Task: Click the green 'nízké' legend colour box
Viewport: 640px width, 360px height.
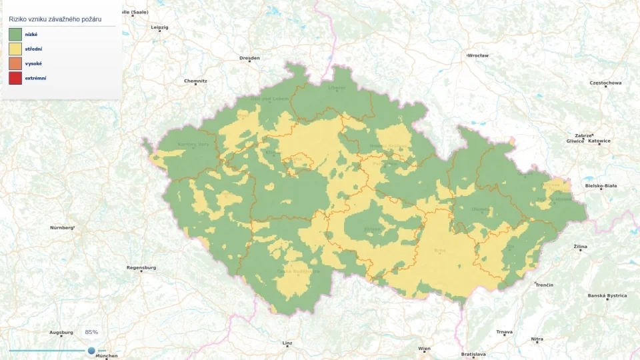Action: [15, 34]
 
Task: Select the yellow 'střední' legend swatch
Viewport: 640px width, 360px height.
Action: [15, 49]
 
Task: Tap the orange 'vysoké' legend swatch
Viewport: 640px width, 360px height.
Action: [15, 63]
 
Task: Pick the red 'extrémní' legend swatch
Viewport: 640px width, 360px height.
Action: [15, 78]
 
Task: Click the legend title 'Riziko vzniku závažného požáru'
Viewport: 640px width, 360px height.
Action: [59, 19]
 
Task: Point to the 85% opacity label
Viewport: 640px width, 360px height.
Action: [91, 332]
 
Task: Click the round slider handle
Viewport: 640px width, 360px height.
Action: [91, 350]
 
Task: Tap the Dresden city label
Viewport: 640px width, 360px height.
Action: [249, 58]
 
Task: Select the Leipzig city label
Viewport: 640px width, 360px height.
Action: [160, 27]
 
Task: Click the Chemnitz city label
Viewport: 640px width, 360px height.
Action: [195, 81]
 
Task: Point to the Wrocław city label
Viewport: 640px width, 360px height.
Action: [478, 55]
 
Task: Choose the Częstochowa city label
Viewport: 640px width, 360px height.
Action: [605, 83]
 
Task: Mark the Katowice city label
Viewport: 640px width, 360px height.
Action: [599, 141]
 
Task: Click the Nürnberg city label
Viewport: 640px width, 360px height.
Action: [62, 227]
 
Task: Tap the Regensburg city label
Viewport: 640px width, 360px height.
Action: [141, 267]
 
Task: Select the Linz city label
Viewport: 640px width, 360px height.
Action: [287, 343]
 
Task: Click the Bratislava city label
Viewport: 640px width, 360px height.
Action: [473, 354]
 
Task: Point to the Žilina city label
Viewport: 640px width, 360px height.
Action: [581, 246]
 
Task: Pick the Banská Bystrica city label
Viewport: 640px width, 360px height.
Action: [607, 295]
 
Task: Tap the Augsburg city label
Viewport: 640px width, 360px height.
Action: [61, 332]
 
